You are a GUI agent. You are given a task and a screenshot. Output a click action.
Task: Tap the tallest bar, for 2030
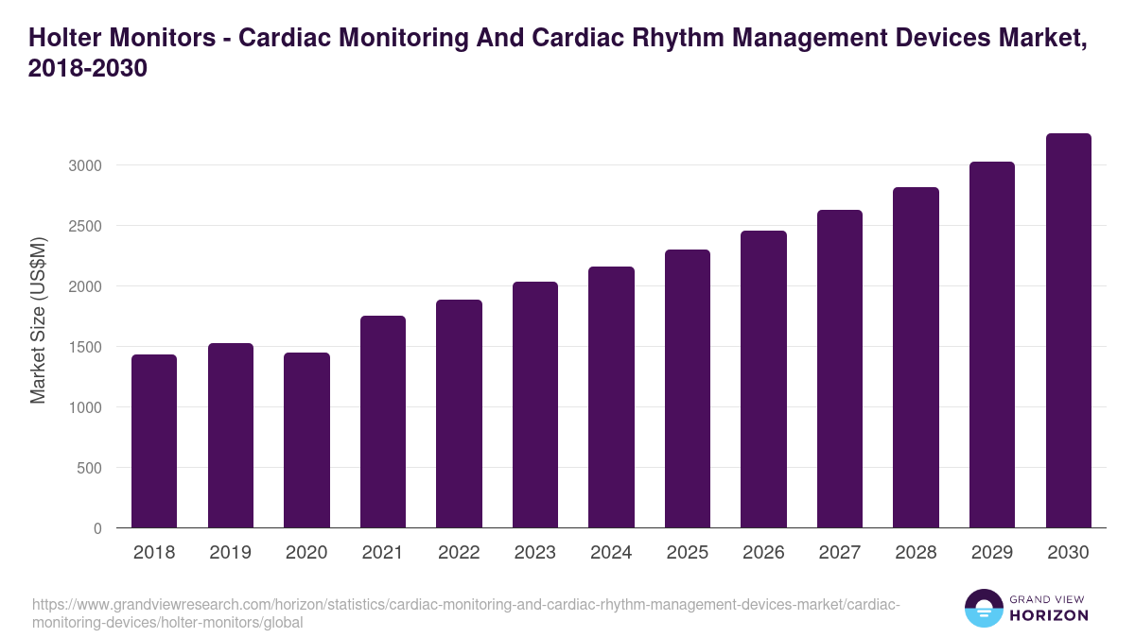[x=1068, y=330]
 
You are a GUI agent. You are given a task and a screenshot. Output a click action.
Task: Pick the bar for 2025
[x=688, y=388]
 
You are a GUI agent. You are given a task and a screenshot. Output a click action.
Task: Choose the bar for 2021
[x=383, y=422]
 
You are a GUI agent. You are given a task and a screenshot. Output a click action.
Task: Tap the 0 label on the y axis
[x=97, y=528]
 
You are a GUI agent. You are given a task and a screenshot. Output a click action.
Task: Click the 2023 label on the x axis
[x=535, y=553]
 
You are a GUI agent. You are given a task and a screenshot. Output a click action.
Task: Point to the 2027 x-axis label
[x=840, y=553]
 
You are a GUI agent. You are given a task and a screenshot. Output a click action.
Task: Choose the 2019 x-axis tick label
[x=231, y=553]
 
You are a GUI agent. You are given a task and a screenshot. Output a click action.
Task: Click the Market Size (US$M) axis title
[x=38, y=319]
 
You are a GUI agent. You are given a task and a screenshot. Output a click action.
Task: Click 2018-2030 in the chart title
[x=88, y=69]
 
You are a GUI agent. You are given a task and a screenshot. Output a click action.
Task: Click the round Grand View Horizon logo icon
[x=983, y=608]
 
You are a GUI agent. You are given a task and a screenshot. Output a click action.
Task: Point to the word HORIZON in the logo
[x=1049, y=615]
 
